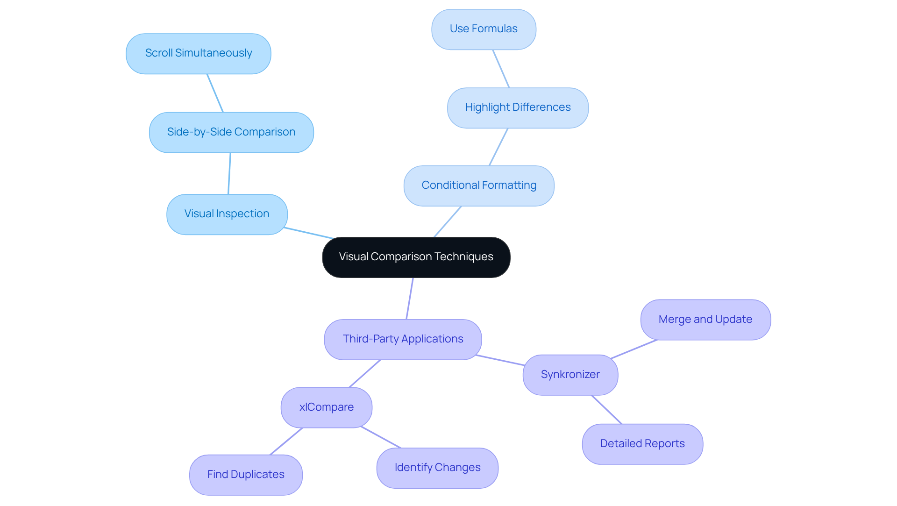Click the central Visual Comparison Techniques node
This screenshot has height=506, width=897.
point(416,257)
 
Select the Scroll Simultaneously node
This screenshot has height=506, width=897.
point(199,53)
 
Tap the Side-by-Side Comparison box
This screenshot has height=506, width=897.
point(231,132)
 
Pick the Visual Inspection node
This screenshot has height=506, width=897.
point(227,214)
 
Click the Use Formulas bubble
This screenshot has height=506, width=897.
point(484,29)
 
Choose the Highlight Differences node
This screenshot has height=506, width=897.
point(518,107)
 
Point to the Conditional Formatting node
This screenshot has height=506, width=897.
point(479,185)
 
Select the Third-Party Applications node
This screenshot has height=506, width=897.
point(403,339)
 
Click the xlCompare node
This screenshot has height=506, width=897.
point(327,407)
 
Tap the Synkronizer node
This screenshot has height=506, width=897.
point(570,375)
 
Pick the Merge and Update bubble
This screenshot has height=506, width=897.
point(705,320)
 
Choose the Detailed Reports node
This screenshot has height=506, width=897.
point(642,444)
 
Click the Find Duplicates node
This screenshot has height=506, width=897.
point(246,475)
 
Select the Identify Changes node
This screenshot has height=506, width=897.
point(437,468)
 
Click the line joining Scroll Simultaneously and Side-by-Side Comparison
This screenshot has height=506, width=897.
point(215,93)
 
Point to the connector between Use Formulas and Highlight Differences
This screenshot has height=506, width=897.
point(501,69)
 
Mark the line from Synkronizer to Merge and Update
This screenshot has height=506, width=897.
point(634,349)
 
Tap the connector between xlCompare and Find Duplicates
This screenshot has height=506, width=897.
point(286,441)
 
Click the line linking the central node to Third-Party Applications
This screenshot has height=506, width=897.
point(410,299)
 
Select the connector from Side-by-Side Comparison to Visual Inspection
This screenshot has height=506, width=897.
point(229,173)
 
